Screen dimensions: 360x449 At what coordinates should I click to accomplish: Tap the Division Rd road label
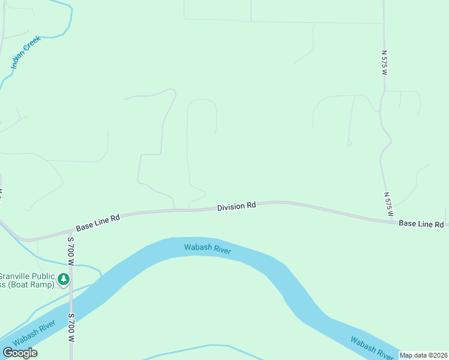[237, 206]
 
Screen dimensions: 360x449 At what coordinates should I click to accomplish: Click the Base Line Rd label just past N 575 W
[421, 224]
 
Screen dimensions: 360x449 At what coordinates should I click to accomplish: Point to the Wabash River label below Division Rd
[207, 248]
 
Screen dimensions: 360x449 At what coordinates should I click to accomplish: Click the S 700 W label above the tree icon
[70, 251]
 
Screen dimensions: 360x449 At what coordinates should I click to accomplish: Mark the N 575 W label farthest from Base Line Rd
[385, 62]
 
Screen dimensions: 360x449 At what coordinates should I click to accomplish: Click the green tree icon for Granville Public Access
[64, 279]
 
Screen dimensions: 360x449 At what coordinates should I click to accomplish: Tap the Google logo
[20, 353]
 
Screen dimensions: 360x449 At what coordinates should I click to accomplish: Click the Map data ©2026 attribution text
[423, 355]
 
